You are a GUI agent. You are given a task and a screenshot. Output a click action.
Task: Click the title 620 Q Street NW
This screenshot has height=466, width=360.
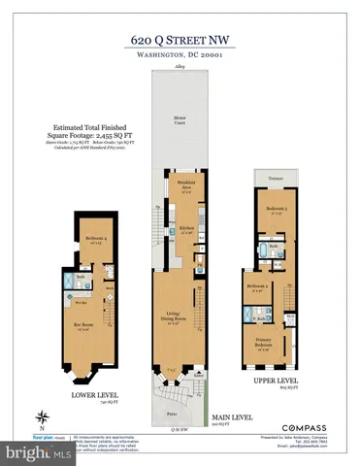[x=180, y=39]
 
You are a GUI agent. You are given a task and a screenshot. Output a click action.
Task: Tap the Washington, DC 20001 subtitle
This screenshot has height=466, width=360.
[x=180, y=55]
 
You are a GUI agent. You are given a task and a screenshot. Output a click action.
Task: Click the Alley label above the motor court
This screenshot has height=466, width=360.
[x=180, y=67]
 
